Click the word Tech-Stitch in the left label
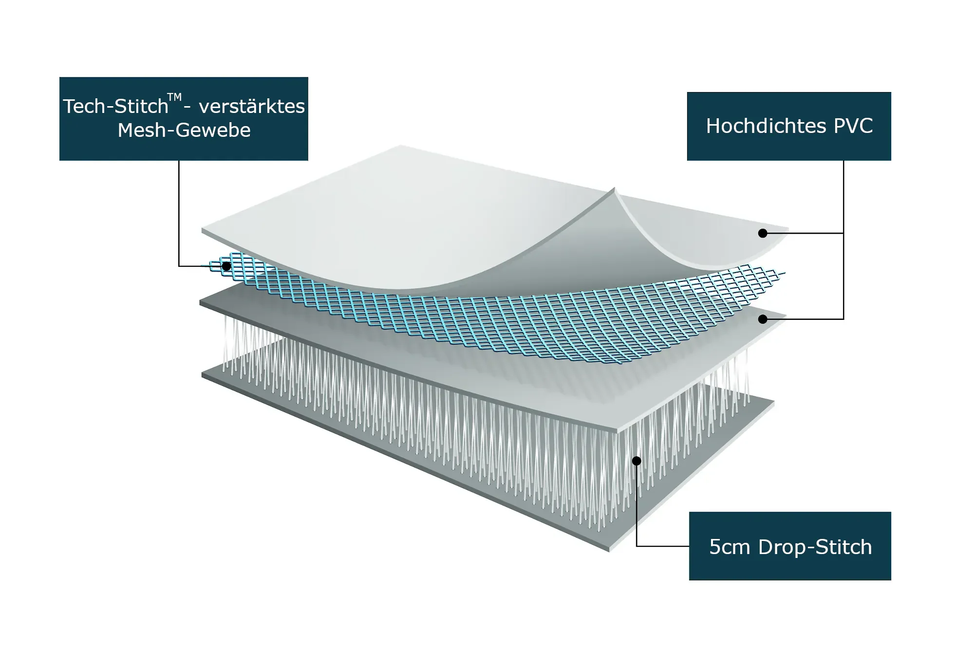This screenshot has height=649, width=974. pos(116,106)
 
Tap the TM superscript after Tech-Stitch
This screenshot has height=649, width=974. pos(174,97)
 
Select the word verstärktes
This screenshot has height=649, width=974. pos(252,106)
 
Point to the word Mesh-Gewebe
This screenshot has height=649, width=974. pos(184,130)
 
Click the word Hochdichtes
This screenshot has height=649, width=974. pos(766,126)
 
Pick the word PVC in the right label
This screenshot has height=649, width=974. pos(853,126)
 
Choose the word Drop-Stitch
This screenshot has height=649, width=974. pos(815,547)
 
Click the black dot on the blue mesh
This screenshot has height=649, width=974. pos(226,266)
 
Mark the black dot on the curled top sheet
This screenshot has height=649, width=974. pos(763,233)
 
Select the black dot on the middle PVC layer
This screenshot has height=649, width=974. pos(763,319)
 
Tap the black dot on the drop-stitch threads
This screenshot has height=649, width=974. pos(637,461)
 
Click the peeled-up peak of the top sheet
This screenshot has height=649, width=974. pos(614,188)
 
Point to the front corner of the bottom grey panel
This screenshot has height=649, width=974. pos(610,551)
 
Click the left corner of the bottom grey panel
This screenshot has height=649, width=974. pos(202,375)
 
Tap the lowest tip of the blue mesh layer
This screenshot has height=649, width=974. pos(618,363)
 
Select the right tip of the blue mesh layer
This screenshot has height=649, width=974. pos(785,273)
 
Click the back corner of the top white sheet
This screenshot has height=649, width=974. pos(400,145)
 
